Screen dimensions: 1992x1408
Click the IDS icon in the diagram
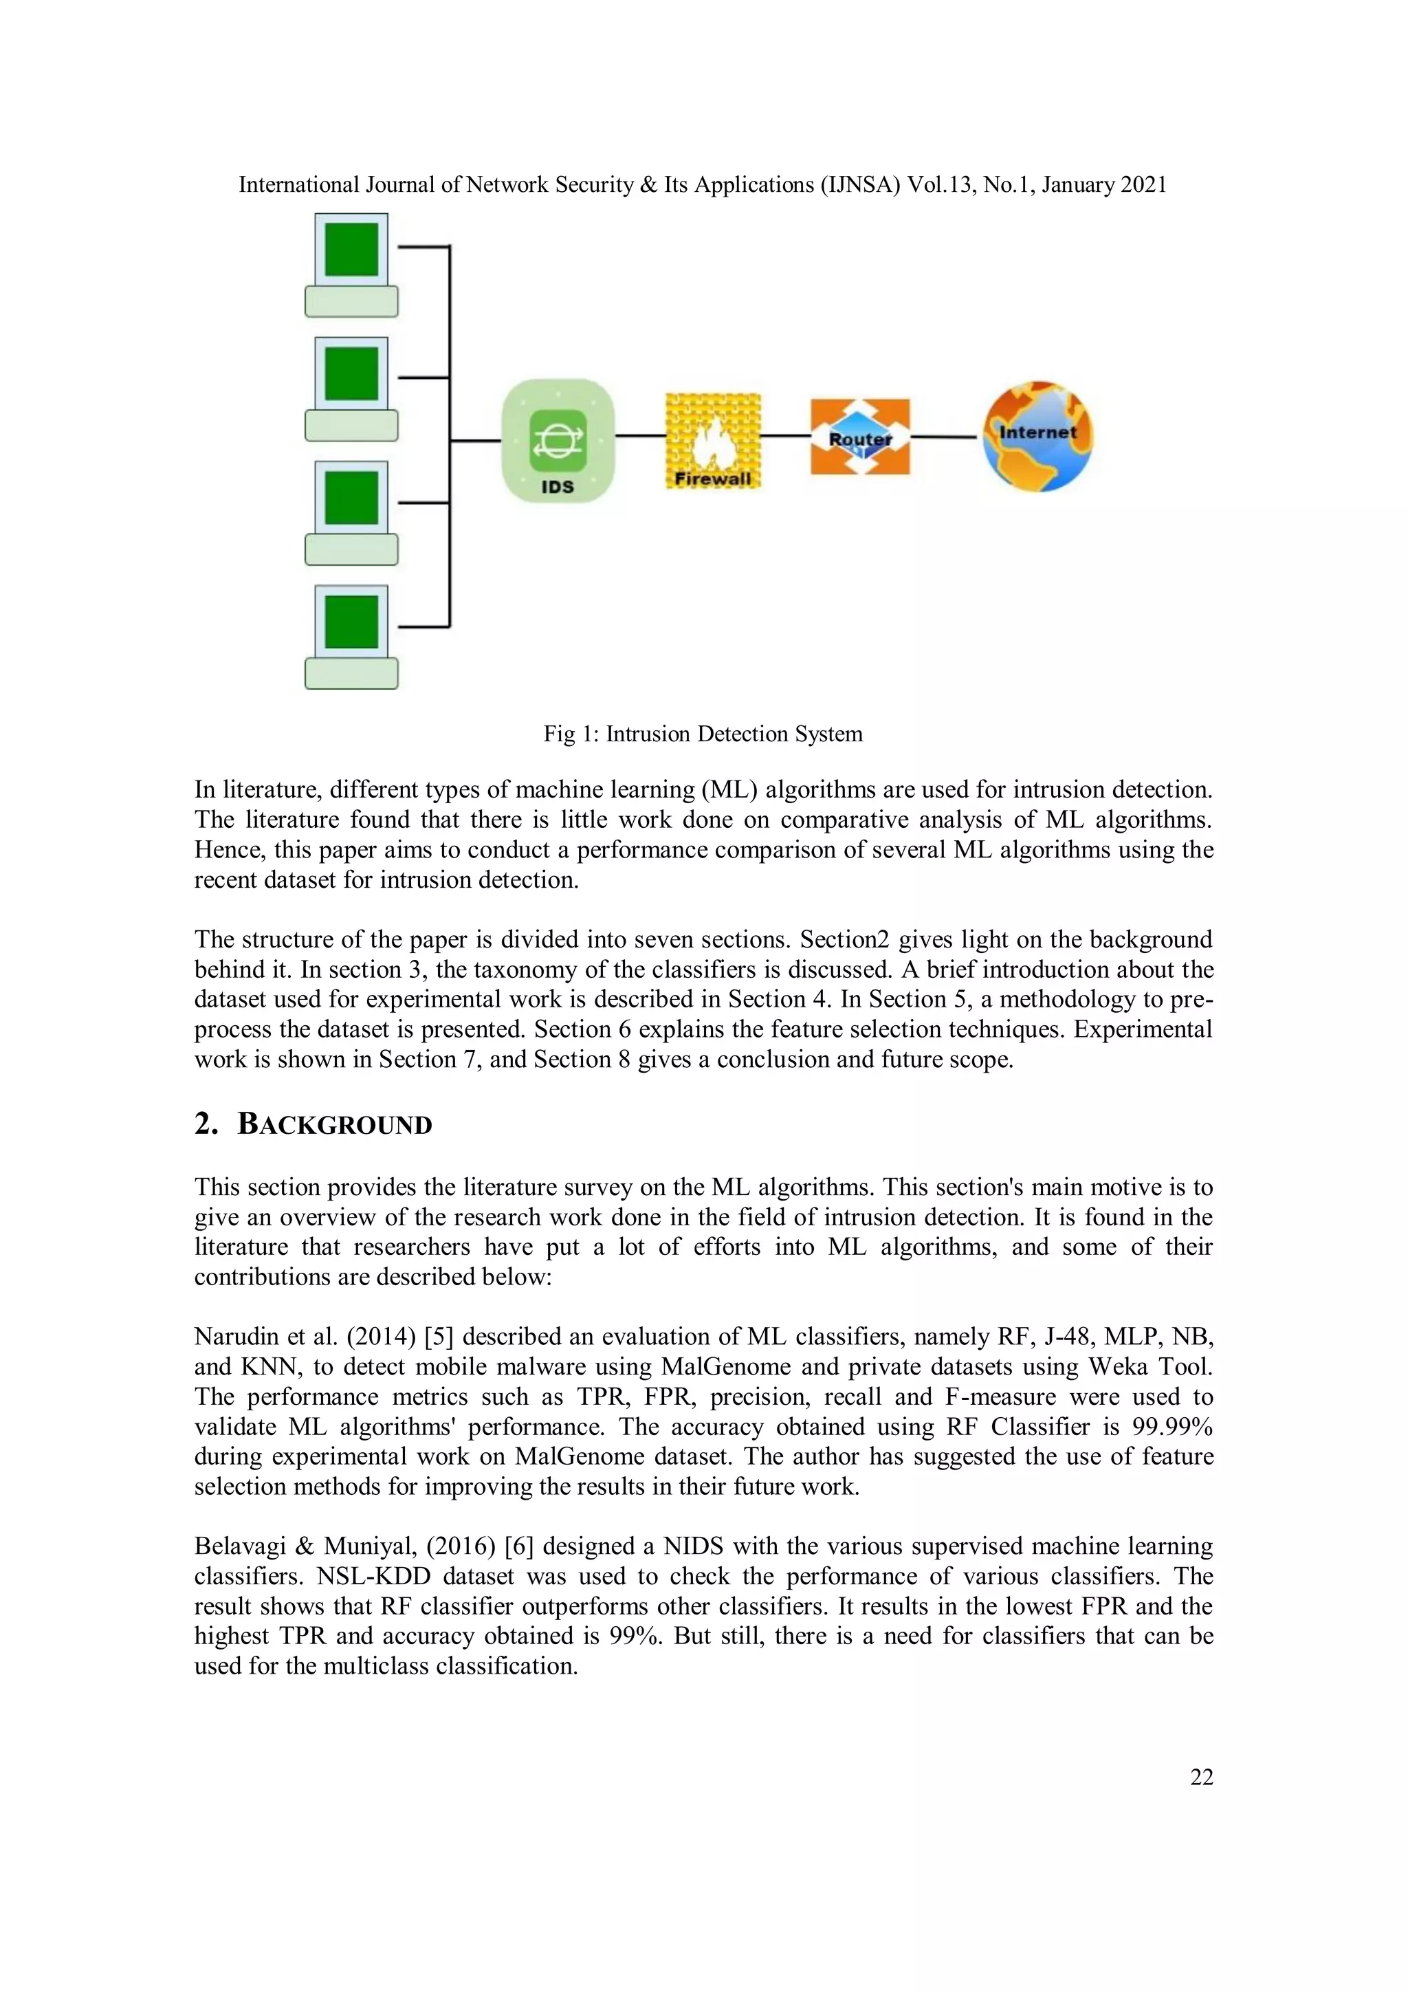[x=558, y=440]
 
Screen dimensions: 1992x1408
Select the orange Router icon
[x=860, y=437]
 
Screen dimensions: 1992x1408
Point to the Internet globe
[x=1037, y=437]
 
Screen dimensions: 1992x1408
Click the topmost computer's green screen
[x=351, y=249]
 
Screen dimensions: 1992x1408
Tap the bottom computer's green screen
[x=351, y=621]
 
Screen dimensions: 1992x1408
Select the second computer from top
[x=351, y=388]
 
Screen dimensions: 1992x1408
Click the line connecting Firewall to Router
[x=785, y=435]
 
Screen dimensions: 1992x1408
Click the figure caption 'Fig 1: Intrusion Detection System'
[x=703, y=734]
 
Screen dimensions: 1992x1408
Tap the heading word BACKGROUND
[x=335, y=1124]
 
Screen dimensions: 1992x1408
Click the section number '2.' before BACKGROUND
[x=206, y=1124]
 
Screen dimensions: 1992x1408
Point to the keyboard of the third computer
[x=351, y=550]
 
